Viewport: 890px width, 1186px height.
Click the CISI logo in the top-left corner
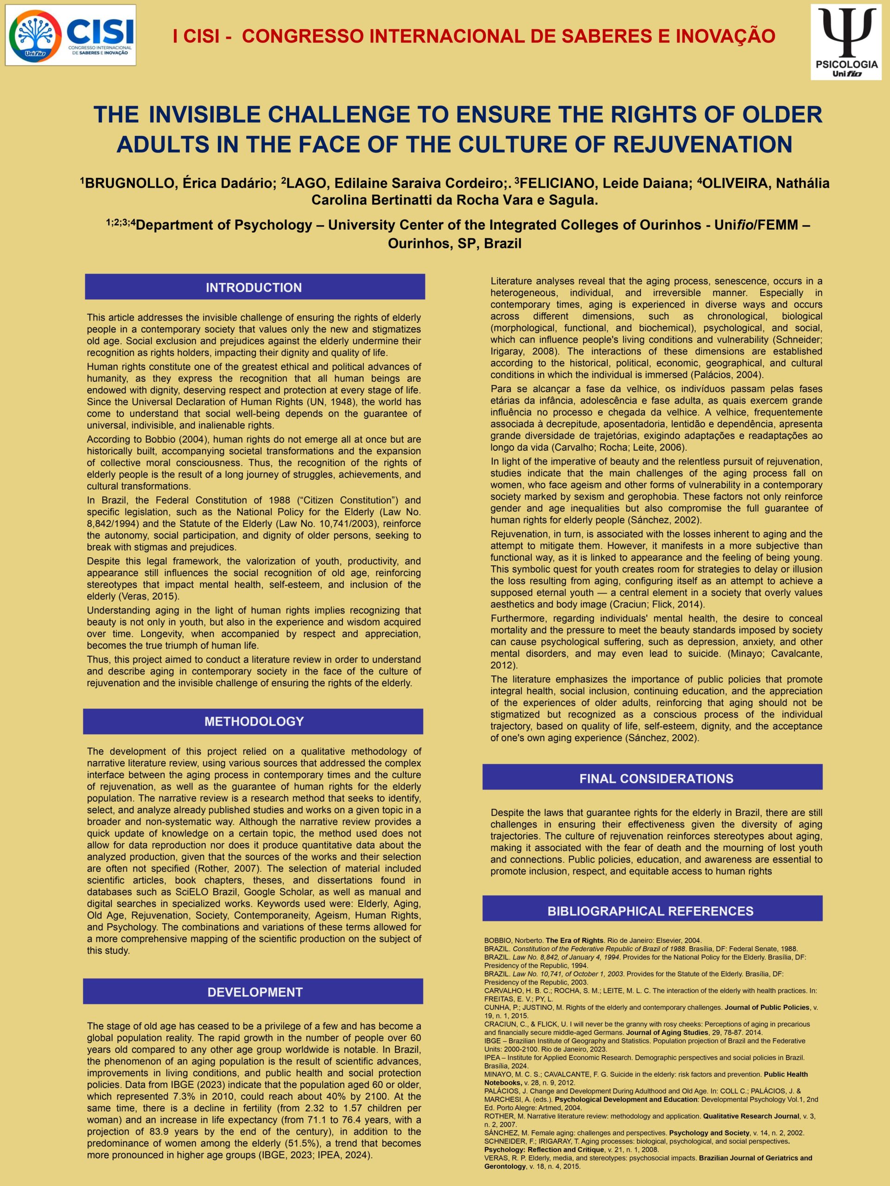(71, 35)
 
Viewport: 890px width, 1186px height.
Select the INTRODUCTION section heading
(254, 287)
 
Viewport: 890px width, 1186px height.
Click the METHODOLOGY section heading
(254, 721)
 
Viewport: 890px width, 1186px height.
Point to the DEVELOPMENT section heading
(255, 992)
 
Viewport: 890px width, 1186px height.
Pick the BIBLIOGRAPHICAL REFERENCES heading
(650, 911)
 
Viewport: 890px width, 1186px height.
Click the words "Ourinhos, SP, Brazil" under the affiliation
(454, 243)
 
